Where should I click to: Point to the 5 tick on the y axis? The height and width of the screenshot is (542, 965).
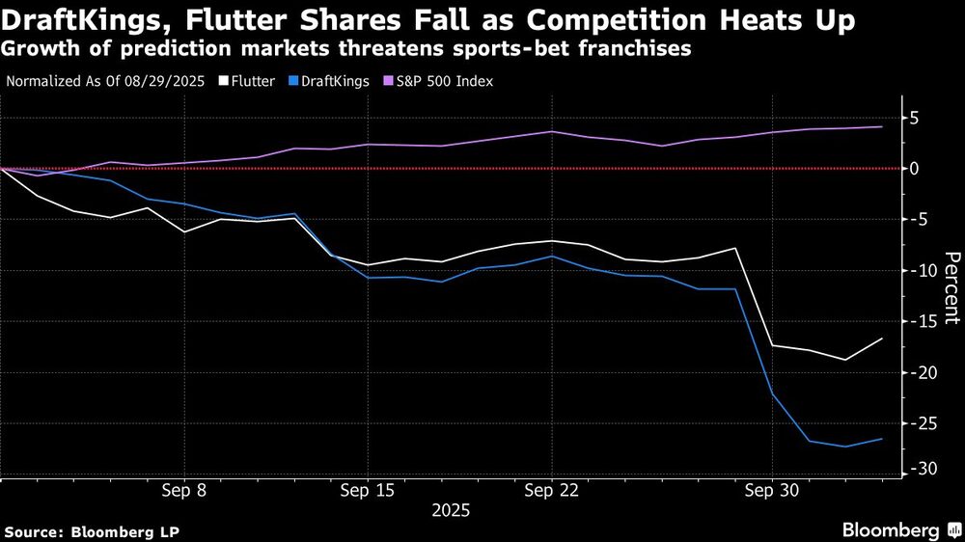click(913, 119)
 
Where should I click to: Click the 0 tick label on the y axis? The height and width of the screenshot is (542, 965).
click(913, 169)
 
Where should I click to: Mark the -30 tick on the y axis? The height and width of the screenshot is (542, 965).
click(918, 469)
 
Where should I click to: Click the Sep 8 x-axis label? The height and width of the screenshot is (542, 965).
click(185, 490)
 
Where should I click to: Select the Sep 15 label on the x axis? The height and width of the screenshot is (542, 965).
click(367, 490)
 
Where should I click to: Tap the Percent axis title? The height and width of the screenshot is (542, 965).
click(951, 286)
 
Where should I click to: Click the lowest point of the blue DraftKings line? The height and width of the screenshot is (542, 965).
click(845, 447)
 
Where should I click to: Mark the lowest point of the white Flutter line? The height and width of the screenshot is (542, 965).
click(845, 361)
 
